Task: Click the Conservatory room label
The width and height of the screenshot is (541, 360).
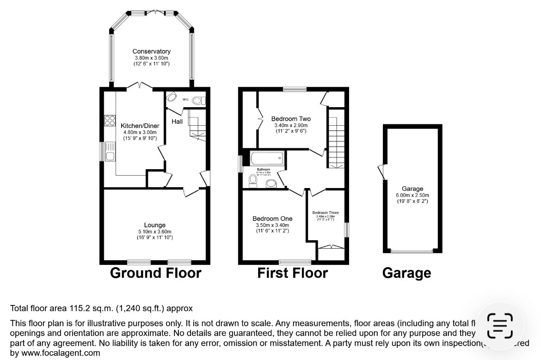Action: (151, 51)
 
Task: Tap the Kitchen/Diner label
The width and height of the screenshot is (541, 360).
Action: (140, 126)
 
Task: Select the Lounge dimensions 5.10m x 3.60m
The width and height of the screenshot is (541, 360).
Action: (154, 232)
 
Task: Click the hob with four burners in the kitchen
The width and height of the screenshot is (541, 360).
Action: (110, 120)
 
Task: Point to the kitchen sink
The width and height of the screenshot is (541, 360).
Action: (110, 153)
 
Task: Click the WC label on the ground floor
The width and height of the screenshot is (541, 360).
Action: (185, 99)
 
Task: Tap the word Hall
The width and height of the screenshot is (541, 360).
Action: (177, 122)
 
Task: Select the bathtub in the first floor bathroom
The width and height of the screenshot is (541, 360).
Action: (266, 160)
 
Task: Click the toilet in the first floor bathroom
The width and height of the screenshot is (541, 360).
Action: (253, 181)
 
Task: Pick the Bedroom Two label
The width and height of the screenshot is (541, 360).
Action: (290, 119)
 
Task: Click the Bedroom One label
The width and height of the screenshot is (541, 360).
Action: (272, 219)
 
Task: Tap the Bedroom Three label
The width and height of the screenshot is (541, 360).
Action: (326, 213)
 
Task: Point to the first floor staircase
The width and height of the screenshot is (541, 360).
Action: (336, 139)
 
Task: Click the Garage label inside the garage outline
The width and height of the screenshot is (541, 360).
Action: (412, 189)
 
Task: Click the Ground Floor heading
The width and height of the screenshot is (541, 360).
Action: (155, 273)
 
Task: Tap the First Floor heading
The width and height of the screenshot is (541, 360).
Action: (292, 273)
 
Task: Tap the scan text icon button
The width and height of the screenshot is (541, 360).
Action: (500, 326)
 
